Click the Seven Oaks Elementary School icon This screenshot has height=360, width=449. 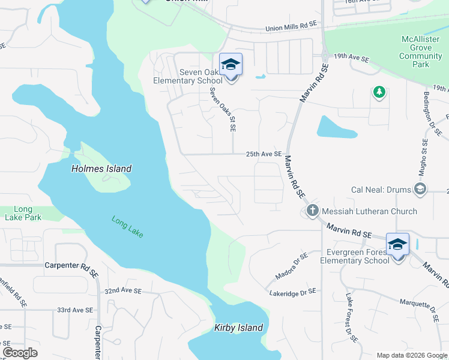click(231, 65)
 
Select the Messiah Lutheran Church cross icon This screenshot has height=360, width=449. click(312, 211)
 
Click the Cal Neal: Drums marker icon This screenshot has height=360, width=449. click(420, 190)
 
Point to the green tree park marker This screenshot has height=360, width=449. click(379, 92)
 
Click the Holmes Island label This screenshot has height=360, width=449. click(101, 169)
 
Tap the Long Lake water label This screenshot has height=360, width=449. click(127, 226)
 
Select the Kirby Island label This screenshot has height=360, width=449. click(239, 328)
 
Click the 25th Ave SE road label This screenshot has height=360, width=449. click(264, 154)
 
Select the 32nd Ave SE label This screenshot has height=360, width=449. click(122, 290)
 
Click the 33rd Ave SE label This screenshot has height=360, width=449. click(75, 310)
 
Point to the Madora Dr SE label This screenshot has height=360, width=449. click(291, 265)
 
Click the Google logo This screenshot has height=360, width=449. click(20, 352)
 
